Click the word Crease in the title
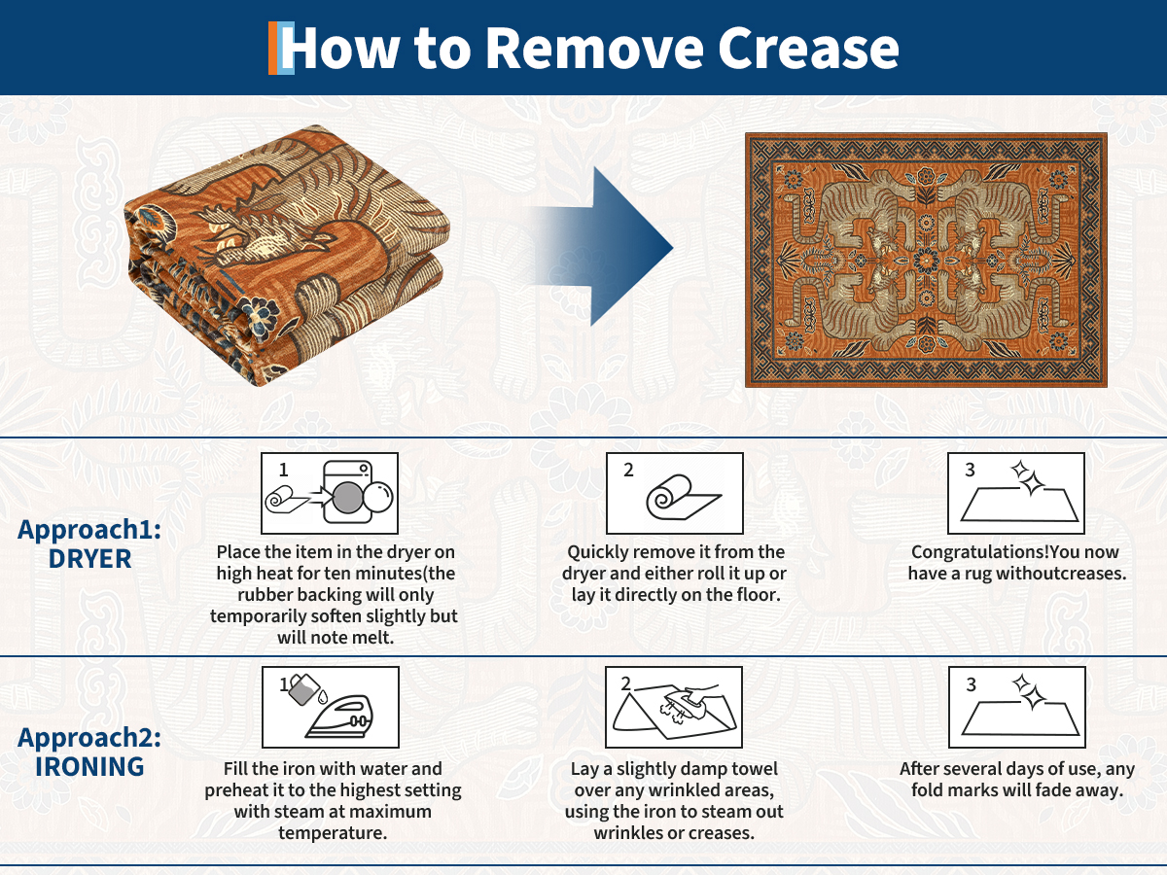coord(808,49)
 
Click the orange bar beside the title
coord(272,48)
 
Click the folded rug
coord(287,255)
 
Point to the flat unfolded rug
coord(926,260)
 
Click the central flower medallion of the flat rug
coord(927,260)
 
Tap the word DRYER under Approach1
coord(89,558)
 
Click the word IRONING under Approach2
coord(89,767)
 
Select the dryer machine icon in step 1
coord(348,492)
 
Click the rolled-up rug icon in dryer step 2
coord(684,497)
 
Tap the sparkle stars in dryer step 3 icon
coord(1028,477)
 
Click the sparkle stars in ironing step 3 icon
coord(1029,691)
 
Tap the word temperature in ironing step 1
coord(333,832)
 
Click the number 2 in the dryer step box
coord(628,470)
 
